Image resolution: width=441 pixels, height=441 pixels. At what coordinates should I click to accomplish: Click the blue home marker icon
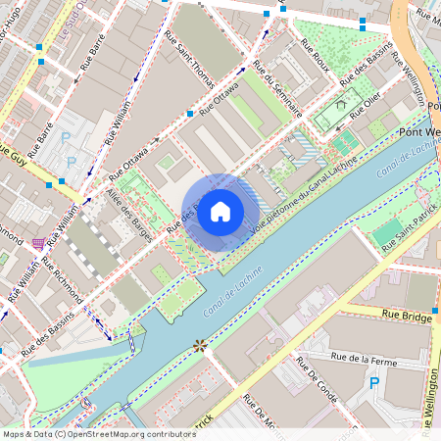click(x=220, y=211)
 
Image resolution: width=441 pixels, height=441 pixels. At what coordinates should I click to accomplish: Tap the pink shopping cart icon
click(x=38, y=243)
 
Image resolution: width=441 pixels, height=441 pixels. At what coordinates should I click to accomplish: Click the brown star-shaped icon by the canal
click(x=201, y=345)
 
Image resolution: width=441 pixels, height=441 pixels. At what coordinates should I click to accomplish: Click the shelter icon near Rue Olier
click(x=341, y=103)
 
